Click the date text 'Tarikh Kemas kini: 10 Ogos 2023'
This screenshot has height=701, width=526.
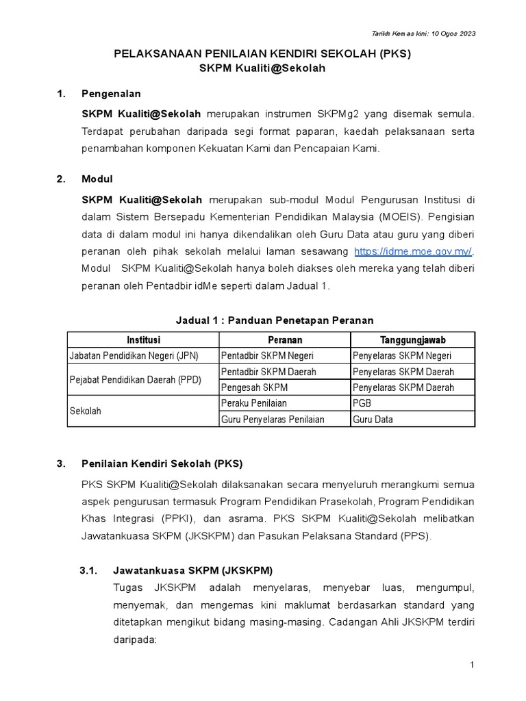click(x=423, y=34)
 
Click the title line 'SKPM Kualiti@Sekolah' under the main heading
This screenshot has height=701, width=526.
click(x=262, y=68)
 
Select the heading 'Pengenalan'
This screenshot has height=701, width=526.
click(x=111, y=94)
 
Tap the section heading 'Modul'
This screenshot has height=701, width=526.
click(x=97, y=179)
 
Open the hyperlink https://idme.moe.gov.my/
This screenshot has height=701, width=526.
click(x=413, y=251)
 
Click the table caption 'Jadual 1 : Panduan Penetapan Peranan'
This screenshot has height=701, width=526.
click(x=274, y=320)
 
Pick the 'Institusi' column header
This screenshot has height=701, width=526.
click(x=142, y=340)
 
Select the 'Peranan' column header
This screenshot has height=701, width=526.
click(x=284, y=340)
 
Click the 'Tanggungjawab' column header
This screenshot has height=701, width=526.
click(x=412, y=340)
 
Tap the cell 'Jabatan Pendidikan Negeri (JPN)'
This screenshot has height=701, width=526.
click(x=142, y=356)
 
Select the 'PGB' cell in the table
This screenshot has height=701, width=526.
click(x=362, y=403)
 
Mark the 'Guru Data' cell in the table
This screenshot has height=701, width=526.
click(x=373, y=419)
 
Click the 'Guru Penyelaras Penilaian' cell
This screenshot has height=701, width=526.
click(x=272, y=419)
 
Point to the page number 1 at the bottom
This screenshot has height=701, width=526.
click(x=472, y=665)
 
